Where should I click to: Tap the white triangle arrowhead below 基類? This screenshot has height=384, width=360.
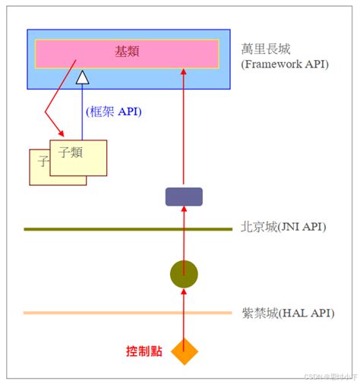click(x=82, y=77)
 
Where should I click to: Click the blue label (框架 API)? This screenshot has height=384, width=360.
click(x=113, y=112)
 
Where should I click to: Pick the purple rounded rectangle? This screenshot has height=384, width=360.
click(x=184, y=197)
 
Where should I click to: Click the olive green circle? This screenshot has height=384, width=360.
click(x=184, y=273)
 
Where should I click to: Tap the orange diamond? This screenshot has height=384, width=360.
click(x=184, y=351)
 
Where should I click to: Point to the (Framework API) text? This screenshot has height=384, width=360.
click(x=284, y=65)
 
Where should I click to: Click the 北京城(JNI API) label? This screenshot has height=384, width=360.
click(x=283, y=227)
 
